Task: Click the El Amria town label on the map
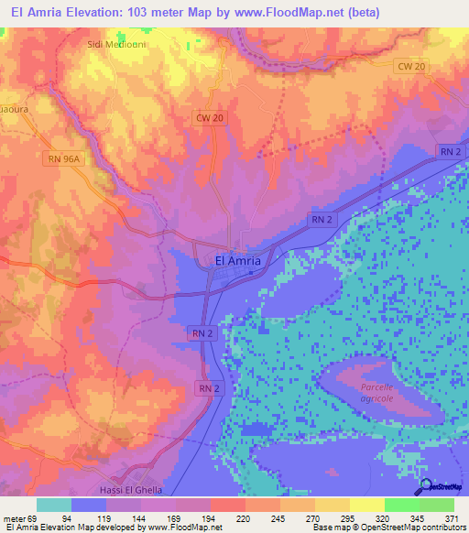pos(237,260)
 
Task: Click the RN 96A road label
pos(64,158)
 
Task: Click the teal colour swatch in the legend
pos(54,505)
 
